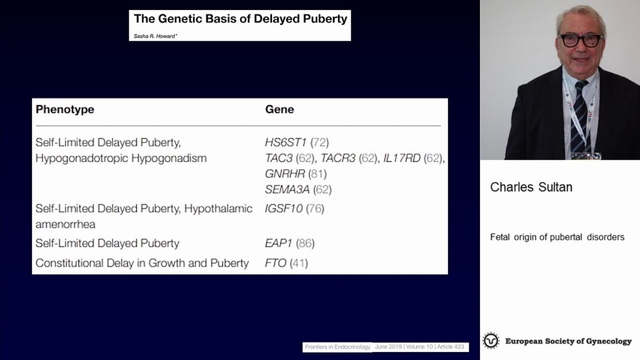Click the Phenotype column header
65,109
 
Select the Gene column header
279,109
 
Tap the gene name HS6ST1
286,142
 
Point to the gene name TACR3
338,158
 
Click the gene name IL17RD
402,158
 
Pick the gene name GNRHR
285,174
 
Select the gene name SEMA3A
287,189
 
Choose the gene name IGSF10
284,209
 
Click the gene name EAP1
279,243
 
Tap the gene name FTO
276,263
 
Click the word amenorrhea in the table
65,224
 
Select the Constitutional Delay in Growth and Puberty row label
142,263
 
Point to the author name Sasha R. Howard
155,36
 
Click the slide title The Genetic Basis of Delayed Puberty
241,19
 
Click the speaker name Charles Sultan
531,187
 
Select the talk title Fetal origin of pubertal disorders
557,237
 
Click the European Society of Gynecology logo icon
491,341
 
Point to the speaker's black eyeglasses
581,41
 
